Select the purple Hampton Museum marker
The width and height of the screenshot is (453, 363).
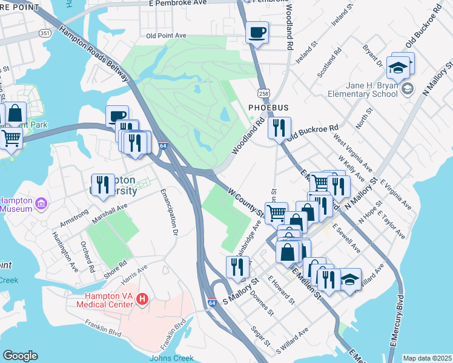41,204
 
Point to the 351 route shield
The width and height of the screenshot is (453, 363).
45,32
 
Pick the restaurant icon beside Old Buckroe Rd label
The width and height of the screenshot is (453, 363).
279,128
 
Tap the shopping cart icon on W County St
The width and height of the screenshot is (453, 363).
276,212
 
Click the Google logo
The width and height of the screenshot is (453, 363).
20,355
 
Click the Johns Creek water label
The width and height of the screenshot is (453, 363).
171,358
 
